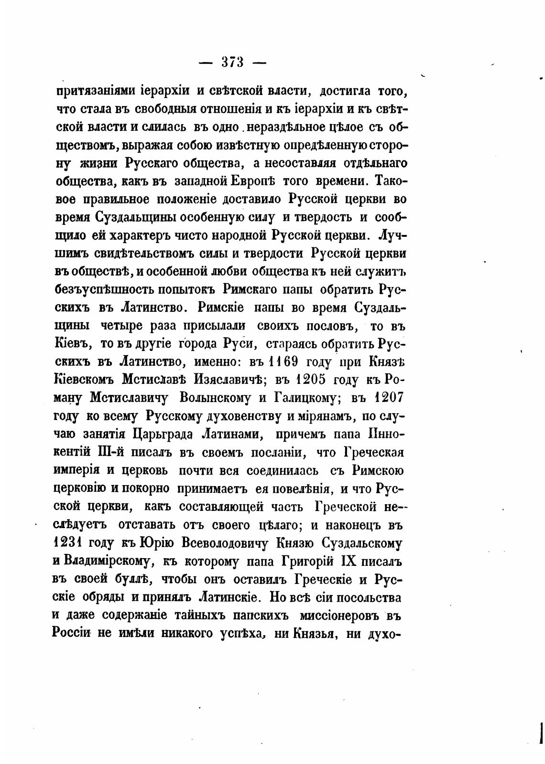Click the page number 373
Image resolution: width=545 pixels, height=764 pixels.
click(x=233, y=63)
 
